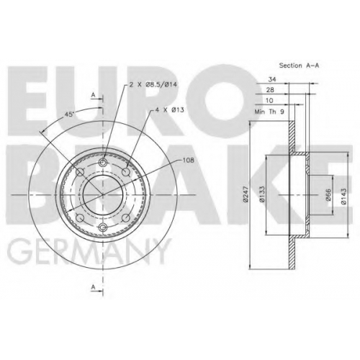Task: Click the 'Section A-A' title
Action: [299, 66]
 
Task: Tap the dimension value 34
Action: [272, 79]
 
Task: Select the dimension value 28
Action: [270, 90]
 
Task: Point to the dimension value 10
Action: [269, 100]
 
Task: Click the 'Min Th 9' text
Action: [269, 112]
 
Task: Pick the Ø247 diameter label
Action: [246, 194]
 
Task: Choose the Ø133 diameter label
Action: [262, 194]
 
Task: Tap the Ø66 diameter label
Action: [328, 194]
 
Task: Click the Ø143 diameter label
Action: [343, 196]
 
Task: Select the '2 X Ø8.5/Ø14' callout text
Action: [153, 84]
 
